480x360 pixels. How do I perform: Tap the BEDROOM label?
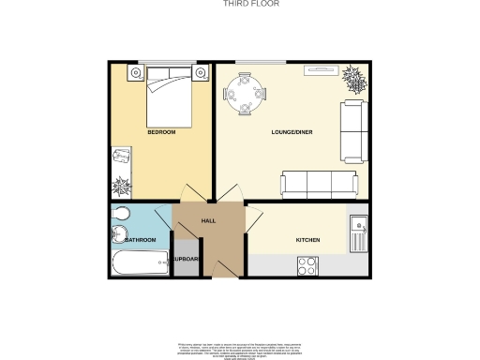pyautogui.click(x=161, y=132)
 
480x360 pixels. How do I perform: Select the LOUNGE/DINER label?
pyautogui.click(x=292, y=132)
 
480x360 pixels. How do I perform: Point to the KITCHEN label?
pyautogui.click(x=308, y=240)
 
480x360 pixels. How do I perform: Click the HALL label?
pyautogui.click(x=209, y=220)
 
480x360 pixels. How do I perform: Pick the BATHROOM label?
pyautogui.click(x=140, y=240)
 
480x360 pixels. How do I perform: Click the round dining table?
pyautogui.click(x=245, y=95)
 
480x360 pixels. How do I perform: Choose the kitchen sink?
pyautogui.click(x=359, y=231)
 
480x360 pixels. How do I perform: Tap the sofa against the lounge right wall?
pyautogui.click(x=353, y=130)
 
